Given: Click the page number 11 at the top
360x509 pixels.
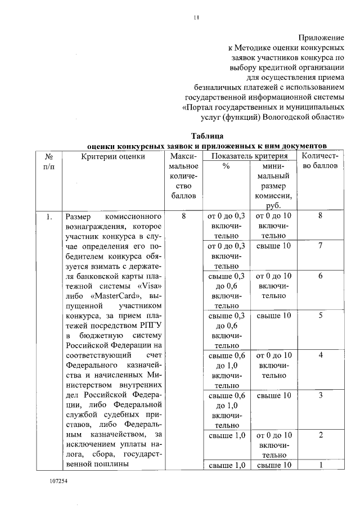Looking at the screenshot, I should point(196,17).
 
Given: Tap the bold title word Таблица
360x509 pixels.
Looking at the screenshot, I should point(208,136).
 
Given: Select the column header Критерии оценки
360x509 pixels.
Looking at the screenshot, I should point(113,156).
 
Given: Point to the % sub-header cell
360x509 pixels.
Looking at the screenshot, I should point(226,166).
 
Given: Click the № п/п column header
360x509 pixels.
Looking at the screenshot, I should point(49,161).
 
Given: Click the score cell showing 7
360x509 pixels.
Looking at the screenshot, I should point(320,246).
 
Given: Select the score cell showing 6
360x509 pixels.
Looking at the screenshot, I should point(320,276).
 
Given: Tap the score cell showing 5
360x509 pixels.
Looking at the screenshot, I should point(320,315).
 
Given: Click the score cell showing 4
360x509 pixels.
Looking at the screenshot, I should point(320,355).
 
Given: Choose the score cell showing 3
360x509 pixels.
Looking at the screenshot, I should point(320,395).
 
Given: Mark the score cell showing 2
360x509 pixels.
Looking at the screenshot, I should point(320,435).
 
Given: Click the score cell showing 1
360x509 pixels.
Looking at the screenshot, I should point(320,465).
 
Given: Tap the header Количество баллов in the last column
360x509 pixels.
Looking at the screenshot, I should point(320,161).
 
